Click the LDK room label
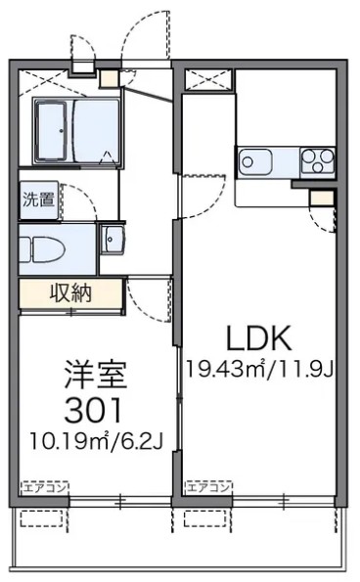click(x=259, y=338)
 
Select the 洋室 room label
click(x=97, y=374)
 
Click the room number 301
click(x=96, y=405)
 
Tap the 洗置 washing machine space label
click(x=39, y=201)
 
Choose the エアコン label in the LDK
click(x=207, y=486)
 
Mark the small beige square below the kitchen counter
click(x=319, y=198)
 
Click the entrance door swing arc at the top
click(x=145, y=34)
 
